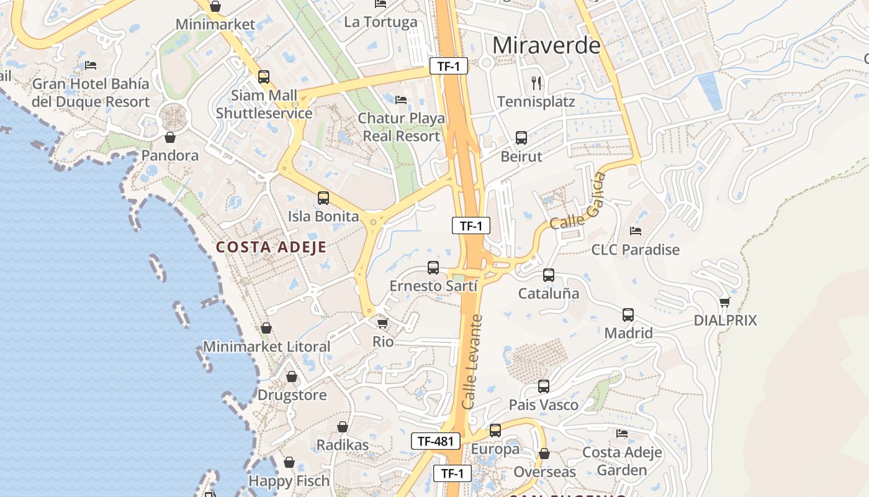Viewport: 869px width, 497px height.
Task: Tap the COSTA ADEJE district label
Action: (271, 247)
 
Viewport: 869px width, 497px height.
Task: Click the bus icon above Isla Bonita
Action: (323, 198)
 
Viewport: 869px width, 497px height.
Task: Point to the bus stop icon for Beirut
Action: (521, 138)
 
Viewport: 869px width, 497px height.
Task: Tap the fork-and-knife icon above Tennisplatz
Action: (537, 83)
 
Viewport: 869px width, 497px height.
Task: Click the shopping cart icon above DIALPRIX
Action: (724, 303)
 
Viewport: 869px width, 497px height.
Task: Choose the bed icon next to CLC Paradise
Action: (636, 231)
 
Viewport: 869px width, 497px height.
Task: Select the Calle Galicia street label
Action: (578, 202)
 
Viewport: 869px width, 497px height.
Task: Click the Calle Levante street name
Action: (473, 362)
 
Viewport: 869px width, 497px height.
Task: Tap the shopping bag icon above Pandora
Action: (170, 137)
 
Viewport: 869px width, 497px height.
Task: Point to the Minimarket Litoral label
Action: (266, 347)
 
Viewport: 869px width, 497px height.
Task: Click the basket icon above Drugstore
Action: (292, 376)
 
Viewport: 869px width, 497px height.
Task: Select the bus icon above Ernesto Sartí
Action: (433, 268)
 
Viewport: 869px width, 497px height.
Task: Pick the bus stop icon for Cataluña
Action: (549, 275)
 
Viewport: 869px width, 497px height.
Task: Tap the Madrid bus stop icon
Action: (628, 315)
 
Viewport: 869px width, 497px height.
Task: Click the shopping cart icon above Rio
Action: (383, 324)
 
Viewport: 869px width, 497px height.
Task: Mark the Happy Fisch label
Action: (289, 481)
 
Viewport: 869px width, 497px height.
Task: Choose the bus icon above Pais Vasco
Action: (544, 386)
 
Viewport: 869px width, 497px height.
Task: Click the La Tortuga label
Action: (380, 22)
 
